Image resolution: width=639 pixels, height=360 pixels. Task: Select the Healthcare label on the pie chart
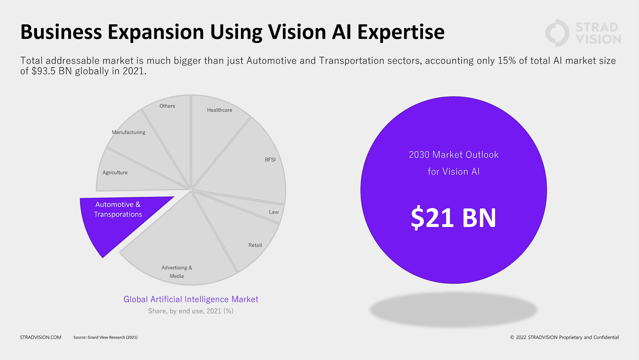(220, 110)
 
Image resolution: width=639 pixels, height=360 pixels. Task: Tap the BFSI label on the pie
(270, 160)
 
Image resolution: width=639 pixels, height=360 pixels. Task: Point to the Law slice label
(274, 212)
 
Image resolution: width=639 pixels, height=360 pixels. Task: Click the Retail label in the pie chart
(255, 245)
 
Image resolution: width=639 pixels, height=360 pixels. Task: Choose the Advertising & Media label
(177, 272)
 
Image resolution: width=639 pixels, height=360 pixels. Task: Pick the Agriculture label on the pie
(115, 173)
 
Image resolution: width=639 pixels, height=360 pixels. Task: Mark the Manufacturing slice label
(128, 132)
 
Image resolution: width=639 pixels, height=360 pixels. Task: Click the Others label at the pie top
(167, 106)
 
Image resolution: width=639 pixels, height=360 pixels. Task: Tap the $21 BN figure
(453, 218)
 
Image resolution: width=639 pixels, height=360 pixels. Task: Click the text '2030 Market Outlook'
(453, 155)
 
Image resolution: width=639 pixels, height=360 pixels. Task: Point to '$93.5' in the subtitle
(44, 71)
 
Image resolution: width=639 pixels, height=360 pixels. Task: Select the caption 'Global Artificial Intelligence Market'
(191, 299)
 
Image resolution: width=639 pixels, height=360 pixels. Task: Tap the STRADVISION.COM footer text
(41, 337)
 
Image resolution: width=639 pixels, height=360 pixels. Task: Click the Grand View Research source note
(106, 337)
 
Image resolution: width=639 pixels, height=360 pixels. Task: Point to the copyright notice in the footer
(564, 337)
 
